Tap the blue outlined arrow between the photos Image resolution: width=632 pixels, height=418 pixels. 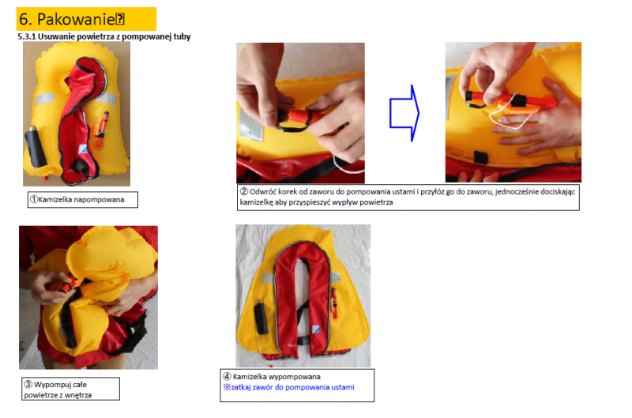404,113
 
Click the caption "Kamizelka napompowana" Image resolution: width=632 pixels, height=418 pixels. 81,200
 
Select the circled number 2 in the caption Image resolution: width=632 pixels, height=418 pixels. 244,191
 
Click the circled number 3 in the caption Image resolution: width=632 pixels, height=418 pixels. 28,384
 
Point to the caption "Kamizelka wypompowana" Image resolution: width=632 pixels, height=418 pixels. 276,376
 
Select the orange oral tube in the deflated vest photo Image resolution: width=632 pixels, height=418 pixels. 334,303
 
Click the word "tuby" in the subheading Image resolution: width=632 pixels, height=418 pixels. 182,36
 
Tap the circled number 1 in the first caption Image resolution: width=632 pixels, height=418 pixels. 34,200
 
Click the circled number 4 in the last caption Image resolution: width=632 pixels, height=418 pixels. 227,376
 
